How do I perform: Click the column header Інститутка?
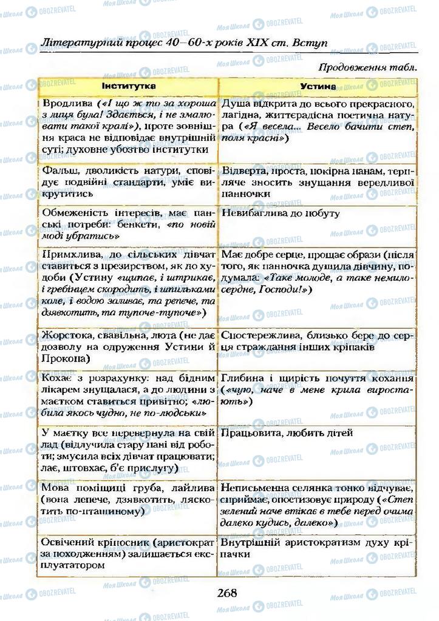[x=128, y=86]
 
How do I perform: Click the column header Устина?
[x=318, y=86]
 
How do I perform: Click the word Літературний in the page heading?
[x=78, y=44]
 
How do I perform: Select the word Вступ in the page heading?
[x=309, y=44]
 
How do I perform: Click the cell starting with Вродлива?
[x=127, y=126]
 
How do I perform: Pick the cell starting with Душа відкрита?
[x=318, y=121]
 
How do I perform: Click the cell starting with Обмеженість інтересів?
[x=127, y=224]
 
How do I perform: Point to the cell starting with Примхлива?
[x=127, y=284]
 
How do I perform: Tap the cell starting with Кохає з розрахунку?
[x=127, y=395]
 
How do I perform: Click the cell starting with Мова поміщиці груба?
[x=127, y=500]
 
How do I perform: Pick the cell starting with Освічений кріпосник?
[x=127, y=553]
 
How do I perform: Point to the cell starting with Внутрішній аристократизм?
[x=318, y=548]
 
